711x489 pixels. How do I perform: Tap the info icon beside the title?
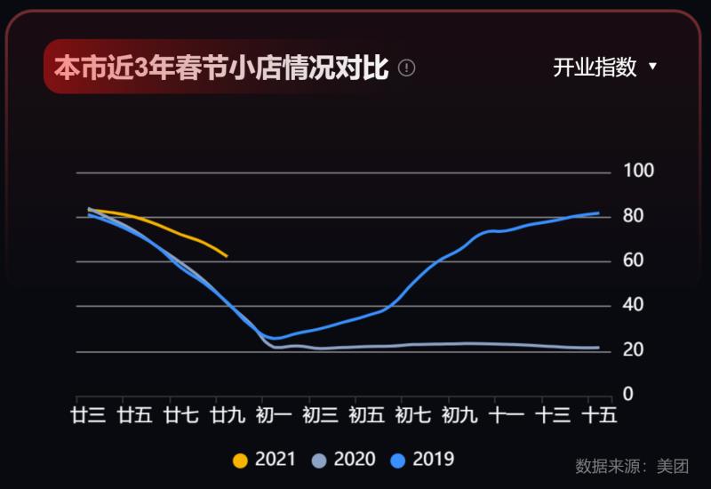pyautogui.click(x=407, y=68)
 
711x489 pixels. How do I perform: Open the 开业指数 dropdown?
pyautogui.click(x=604, y=68)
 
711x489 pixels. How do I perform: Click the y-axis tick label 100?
pyautogui.click(x=640, y=171)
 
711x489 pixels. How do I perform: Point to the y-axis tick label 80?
pyautogui.click(x=635, y=216)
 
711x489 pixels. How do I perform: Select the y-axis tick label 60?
pyautogui.click(x=635, y=261)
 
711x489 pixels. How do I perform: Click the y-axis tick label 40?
pyautogui.click(x=635, y=306)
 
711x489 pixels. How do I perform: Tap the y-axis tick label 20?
pyautogui.click(x=635, y=350)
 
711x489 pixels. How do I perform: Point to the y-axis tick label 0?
pyautogui.click(x=628, y=394)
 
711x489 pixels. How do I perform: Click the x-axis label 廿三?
pyautogui.click(x=89, y=415)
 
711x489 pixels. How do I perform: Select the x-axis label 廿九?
pyautogui.click(x=228, y=415)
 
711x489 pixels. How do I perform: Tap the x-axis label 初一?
pyautogui.click(x=274, y=415)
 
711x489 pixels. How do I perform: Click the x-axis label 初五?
pyautogui.click(x=366, y=415)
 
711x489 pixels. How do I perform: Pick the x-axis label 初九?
pyautogui.click(x=459, y=415)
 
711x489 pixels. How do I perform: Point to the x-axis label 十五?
pyautogui.click(x=599, y=415)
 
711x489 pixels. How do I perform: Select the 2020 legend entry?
pyautogui.click(x=343, y=460)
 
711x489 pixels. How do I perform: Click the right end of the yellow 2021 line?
pyautogui.click(x=227, y=256)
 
